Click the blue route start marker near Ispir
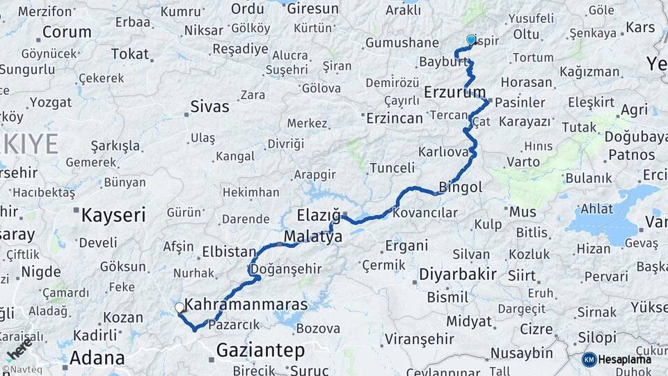point(471,40)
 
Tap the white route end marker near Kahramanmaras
point(180,307)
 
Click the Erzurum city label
point(455,92)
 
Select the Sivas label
point(209,107)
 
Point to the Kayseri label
point(113,214)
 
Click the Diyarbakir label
point(457,274)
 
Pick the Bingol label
point(461,187)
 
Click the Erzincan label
point(395,118)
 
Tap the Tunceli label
point(392,168)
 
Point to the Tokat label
point(129,54)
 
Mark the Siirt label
point(522,275)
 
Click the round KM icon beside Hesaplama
point(589,359)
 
